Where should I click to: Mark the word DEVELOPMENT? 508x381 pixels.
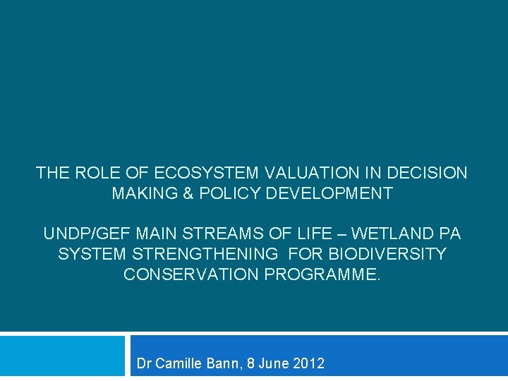(329, 193)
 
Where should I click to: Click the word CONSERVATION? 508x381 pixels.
(191, 274)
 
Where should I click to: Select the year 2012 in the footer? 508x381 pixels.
(308, 364)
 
